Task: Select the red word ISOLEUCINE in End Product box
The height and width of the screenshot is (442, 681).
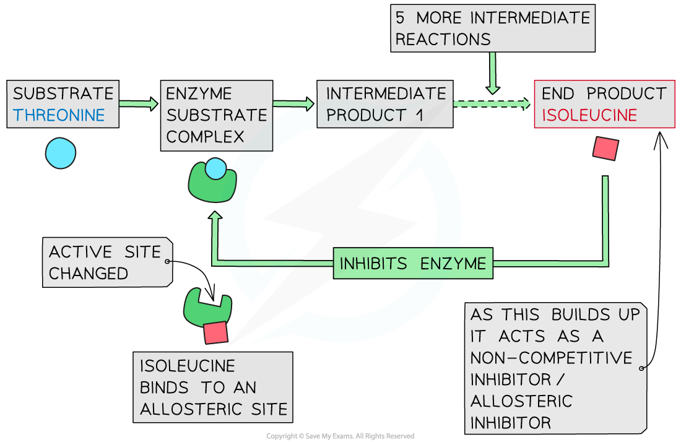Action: click(589, 115)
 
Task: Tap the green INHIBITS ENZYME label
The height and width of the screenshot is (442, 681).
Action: click(413, 264)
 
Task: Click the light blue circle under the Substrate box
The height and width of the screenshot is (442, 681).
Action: click(61, 153)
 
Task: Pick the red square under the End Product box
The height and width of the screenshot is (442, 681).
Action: click(605, 149)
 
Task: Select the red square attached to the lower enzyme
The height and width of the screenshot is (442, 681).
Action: click(215, 332)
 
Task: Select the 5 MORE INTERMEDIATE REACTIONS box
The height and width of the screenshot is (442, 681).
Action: click(493, 28)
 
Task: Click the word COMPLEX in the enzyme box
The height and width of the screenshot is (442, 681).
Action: click(205, 137)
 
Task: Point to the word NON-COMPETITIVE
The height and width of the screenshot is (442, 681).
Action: click(551, 358)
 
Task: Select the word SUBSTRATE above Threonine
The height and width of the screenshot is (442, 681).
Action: click(63, 94)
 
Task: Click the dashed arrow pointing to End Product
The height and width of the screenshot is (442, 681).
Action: click(492, 105)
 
